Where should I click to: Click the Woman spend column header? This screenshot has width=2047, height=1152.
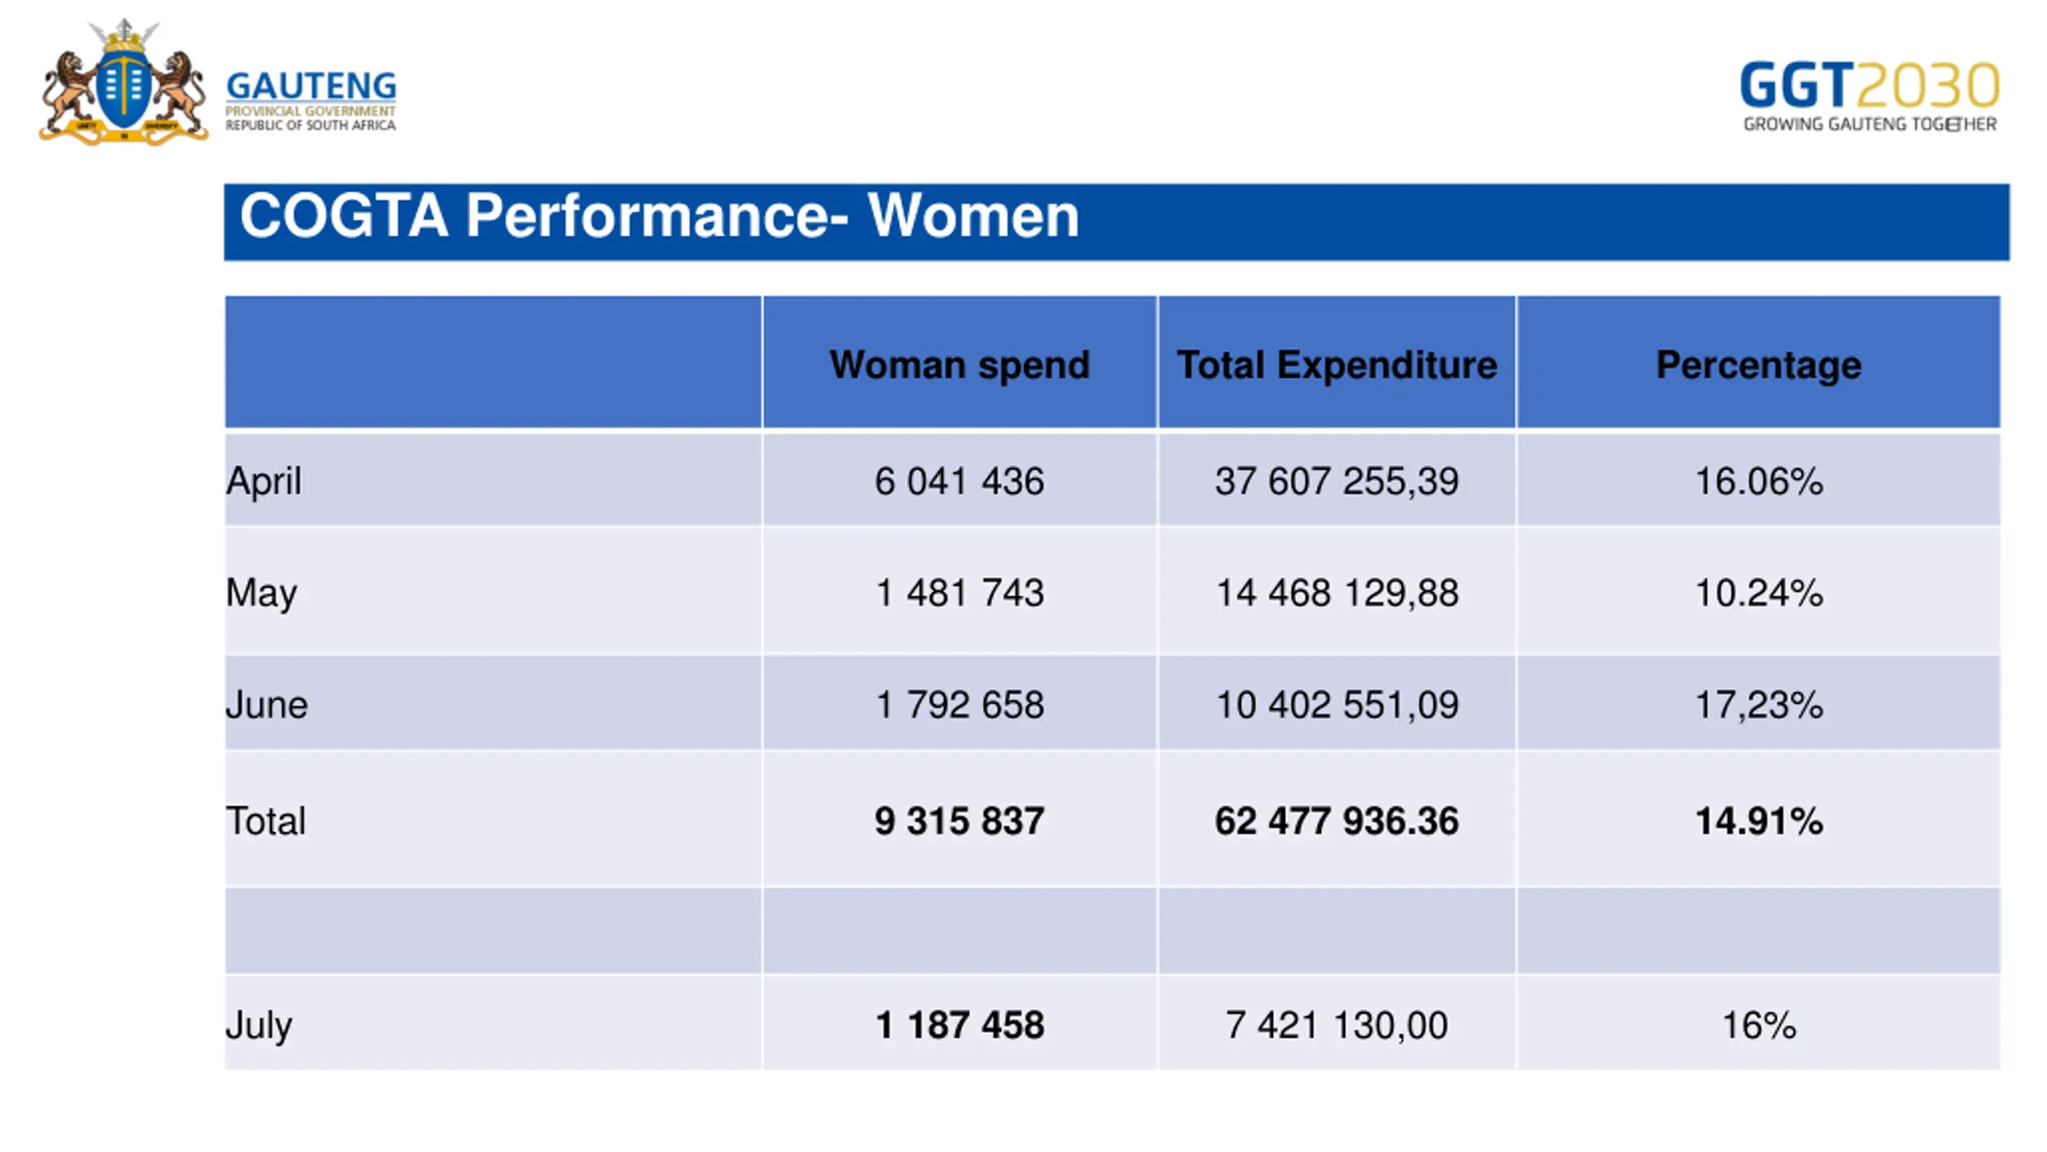tap(960, 365)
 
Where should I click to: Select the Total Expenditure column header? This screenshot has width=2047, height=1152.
tap(1336, 365)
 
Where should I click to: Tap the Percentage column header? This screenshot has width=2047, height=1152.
tap(1758, 365)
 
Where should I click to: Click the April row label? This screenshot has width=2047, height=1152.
tap(264, 482)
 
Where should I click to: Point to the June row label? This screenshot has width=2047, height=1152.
tap(266, 705)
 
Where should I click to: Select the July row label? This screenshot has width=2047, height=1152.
tap(259, 1026)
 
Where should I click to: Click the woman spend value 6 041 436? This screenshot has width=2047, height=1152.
tap(959, 482)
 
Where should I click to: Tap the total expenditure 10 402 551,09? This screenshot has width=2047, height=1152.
tap(1337, 705)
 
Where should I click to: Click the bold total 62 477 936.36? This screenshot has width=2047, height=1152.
tap(1336, 822)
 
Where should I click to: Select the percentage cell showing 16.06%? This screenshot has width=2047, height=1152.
tap(1758, 482)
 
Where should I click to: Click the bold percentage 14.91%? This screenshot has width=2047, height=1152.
tap(1758, 822)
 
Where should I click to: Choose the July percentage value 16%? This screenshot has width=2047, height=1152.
tap(1758, 1026)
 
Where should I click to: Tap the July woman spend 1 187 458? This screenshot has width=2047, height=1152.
tap(960, 1026)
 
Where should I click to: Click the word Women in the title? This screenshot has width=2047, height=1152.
tap(973, 216)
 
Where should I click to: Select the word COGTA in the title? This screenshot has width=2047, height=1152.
tap(344, 216)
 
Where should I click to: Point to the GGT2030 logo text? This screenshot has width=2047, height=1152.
tap(1869, 85)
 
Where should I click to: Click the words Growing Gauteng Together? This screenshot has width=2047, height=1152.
tap(1869, 124)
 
